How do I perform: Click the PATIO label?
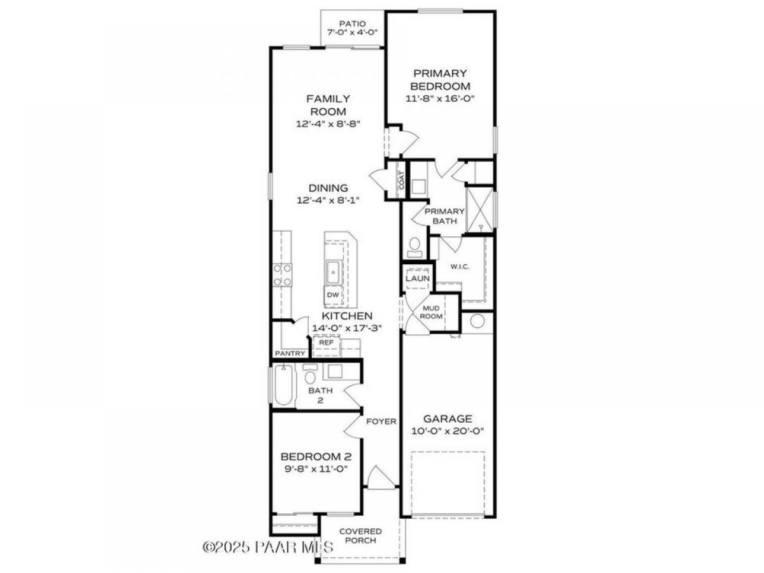pyautogui.click(x=352, y=24)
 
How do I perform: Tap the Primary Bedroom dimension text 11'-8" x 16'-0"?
pyautogui.click(x=441, y=99)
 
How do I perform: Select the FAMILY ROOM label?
pyautogui.click(x=328, y=105)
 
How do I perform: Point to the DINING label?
pyautogui.click(x=328, y=188)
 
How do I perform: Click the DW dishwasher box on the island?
pyautogui.click(x=333, y=295)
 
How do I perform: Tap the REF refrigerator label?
pyautogui.click(x=326, y=343)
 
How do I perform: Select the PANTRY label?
pyautogui.click(x=290, y=353)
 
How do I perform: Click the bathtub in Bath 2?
pyautogui.click(x=283, y=385)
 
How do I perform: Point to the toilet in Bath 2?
pyautogui.click(x=310, y=373)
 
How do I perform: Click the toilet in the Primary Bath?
pyautogui.click(x=414, y=248)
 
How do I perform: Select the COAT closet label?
pyautogui.click(x=402, y=180)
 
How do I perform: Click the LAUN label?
pyautogui.click(x=417, y=278)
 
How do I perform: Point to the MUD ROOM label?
pyautogui.click(x=431, y=312)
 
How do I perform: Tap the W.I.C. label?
pyautogui.click(x=460, y=267)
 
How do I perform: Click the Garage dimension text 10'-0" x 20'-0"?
pyautogui.click(x=448, y=431)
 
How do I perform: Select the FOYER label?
pyautogui.click(x=381, y=421)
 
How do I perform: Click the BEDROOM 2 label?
pyautogui.click(x=316, y=456)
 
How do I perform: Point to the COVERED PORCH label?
pyautogui.click(x=360, y=536)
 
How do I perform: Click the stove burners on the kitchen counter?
pyautogui.click(x=282, y=275)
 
